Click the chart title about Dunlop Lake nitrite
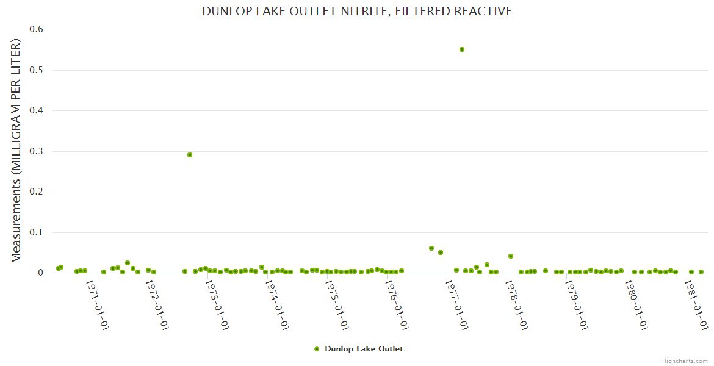coord(357,12)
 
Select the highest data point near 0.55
coord(462,49)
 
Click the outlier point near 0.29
coord(190,155)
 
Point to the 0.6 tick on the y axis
coord(37,29)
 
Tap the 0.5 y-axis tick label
coord(37,70)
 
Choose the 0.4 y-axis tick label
coord(37,110)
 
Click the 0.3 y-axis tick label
coord(37,151)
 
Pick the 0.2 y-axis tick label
coord(37,192)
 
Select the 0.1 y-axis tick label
coord(37,232)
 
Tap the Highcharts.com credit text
coord(685,361)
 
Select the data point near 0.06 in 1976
coord(431,248)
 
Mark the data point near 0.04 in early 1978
coord(511,256)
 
